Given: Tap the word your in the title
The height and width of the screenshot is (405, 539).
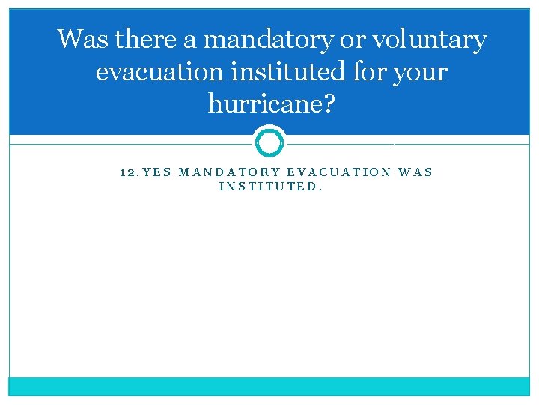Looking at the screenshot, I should click(423, 73).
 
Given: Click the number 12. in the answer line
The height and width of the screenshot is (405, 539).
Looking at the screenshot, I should click(129, 172).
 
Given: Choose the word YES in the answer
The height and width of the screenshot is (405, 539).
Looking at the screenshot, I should click(157, 172).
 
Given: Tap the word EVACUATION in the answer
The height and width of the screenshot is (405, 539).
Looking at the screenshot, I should click(339, 172).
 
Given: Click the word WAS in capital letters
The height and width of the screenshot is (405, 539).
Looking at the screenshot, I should click(416, 172).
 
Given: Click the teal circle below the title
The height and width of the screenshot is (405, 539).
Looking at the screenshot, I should click(269, 142).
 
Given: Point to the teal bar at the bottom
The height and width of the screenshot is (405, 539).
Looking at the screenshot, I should click(269, 385).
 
